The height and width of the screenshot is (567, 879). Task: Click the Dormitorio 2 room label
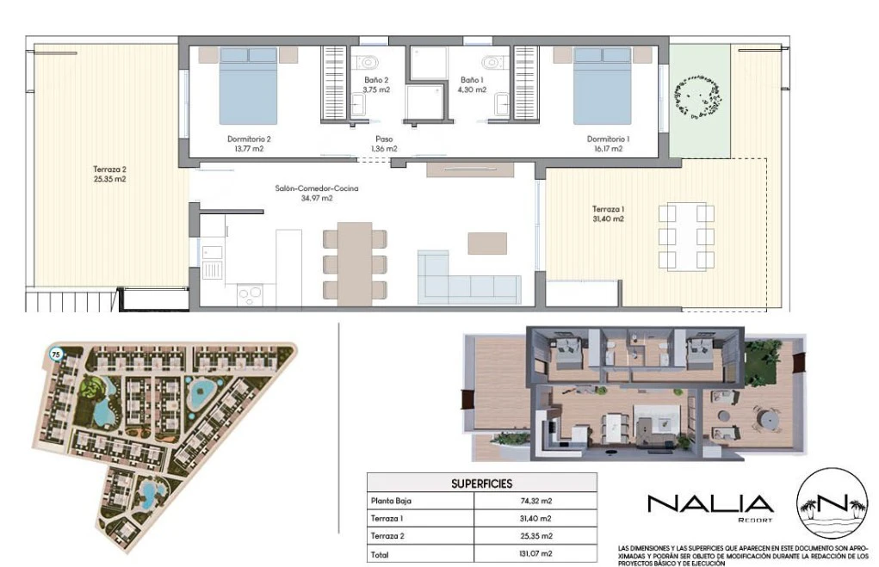(249, 139)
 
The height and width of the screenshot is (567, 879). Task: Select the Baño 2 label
(376, 80)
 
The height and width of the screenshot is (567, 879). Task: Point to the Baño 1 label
(472, 80)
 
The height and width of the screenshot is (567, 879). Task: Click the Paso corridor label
(384, 139)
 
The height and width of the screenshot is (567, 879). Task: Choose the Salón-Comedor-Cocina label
(317, 188)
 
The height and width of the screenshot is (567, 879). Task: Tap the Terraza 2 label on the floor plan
(109, 169)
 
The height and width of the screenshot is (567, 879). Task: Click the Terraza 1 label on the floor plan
(608, 209)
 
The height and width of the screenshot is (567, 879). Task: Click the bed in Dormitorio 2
(248, 86)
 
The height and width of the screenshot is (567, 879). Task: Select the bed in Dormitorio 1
(602, 86)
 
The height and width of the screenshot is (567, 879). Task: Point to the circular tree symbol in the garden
(697, 97)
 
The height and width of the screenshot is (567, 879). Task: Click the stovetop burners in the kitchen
(250, 293)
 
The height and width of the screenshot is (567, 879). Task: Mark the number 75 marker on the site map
(55, 354)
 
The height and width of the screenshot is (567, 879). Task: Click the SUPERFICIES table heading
(481, 484)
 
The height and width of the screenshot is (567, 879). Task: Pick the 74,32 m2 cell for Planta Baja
(535, 501)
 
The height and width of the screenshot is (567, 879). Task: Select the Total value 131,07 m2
(535, 553)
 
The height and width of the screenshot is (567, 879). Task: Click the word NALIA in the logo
(710, 503)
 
